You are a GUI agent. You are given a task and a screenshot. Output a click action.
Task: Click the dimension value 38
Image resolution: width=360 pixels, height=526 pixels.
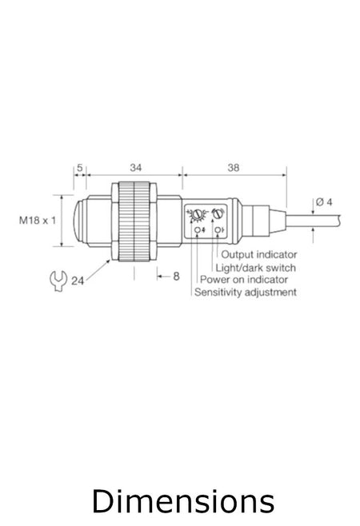coord(233,169)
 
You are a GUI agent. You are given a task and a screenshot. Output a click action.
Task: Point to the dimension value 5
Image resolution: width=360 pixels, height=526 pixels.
coord(79,169)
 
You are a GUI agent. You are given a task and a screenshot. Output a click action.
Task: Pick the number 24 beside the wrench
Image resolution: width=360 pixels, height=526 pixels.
coord(78,281)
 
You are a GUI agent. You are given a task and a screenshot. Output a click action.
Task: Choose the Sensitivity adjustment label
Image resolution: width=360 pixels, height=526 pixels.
coord(245,293)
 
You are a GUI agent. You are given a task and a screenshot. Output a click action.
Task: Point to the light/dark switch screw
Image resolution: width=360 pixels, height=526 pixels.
coord(217,213)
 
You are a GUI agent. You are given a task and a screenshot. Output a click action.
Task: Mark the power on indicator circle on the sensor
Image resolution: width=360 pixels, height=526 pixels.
coord(197,232)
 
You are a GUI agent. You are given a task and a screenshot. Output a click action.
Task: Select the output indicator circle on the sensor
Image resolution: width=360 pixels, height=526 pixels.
coord(216,232)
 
